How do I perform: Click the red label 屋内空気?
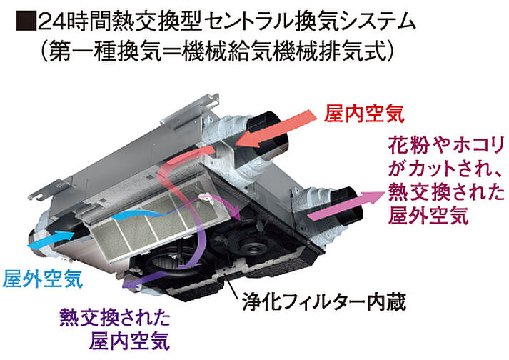365,114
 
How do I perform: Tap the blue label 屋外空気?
43,279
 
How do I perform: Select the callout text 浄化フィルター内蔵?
324,302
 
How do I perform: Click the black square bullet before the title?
26,22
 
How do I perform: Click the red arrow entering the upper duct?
276,128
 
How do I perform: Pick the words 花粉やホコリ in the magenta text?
446,146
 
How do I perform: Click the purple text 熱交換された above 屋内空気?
115,316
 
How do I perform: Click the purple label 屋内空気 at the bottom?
130,341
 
